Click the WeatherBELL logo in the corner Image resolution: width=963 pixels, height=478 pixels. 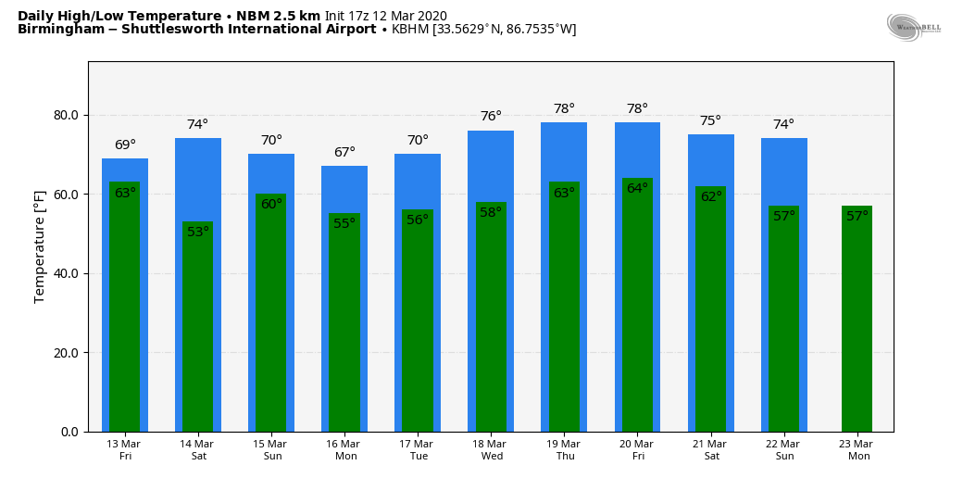[x=914, y=27]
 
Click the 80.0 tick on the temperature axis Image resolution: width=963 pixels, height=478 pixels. [x=67, y=116]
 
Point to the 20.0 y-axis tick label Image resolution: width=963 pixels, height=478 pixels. [x=67, y=353]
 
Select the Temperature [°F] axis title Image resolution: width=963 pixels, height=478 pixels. [x=40, y=246]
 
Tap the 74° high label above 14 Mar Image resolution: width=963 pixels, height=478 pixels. [x=197, y=125]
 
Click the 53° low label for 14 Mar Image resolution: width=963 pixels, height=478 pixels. [x=198, y=233]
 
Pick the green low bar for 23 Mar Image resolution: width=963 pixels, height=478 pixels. [x=857, y=324]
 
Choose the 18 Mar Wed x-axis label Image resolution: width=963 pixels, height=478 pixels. [x=491, y=450]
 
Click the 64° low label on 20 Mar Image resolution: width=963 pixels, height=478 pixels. [x=637, y=189]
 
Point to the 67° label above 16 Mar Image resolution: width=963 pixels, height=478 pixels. [x=344, y=153]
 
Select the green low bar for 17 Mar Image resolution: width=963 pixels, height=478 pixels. [x=418, y=324]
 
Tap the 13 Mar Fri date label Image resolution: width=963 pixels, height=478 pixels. [x=125, y=450]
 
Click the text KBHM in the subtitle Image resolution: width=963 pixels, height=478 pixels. [x=409, y=30]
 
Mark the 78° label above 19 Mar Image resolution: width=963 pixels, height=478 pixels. [x=564, y=109]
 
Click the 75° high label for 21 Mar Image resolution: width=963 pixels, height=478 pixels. [x=710, y=121]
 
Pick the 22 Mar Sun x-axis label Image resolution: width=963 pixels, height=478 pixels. [x=783, y=450]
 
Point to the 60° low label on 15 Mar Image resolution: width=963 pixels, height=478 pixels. [x=271, y=205]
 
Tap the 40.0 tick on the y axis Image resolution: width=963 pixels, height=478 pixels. [x=67, y=274]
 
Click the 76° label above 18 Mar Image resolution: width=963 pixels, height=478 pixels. [x=491, y=117]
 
